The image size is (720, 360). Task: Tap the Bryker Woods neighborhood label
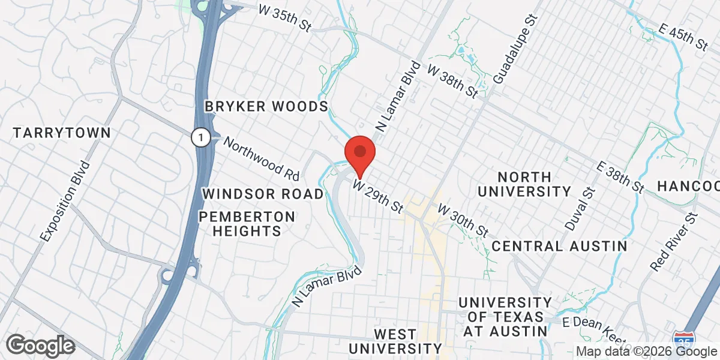tap(266, 107)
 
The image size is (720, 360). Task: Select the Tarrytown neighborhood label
tap(62, 133)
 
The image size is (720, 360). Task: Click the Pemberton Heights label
tap(247, 223)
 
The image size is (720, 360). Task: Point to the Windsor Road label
tap(263, 194)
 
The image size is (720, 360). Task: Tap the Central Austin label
tap(559, 246)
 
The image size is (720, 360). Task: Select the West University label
tap(395, 341)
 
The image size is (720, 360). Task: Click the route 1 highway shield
tap(200, 137)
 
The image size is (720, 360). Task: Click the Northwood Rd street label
tap(261, 158)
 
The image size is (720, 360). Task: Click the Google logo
tap(40, 345)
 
